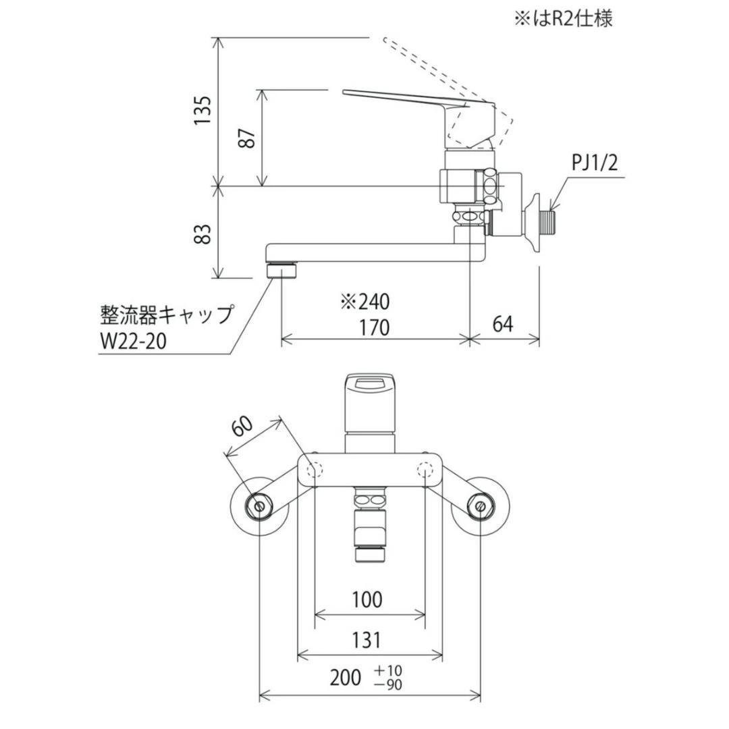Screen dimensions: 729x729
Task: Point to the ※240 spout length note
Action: pos(364,301)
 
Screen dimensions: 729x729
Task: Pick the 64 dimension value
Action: pos(502,325)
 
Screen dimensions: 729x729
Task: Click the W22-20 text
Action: pos(132,340)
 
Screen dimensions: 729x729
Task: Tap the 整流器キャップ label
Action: pos(166,315)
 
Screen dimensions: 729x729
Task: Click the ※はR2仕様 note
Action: pos(563,18)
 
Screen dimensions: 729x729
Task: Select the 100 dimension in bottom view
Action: pos(367,599)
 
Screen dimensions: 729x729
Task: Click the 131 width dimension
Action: pos(366,639)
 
